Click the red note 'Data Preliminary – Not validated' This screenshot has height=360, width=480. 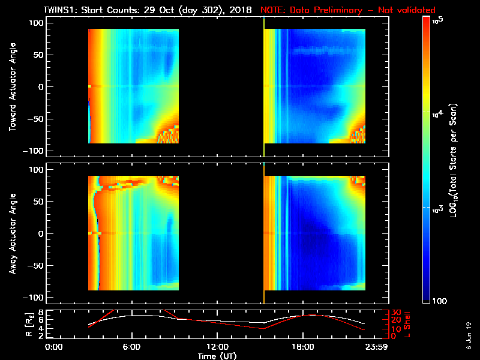(347, 10)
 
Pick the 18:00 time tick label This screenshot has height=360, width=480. (302, 347)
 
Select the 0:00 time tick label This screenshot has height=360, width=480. (54, 347)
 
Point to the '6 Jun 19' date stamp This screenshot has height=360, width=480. (469, 333)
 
